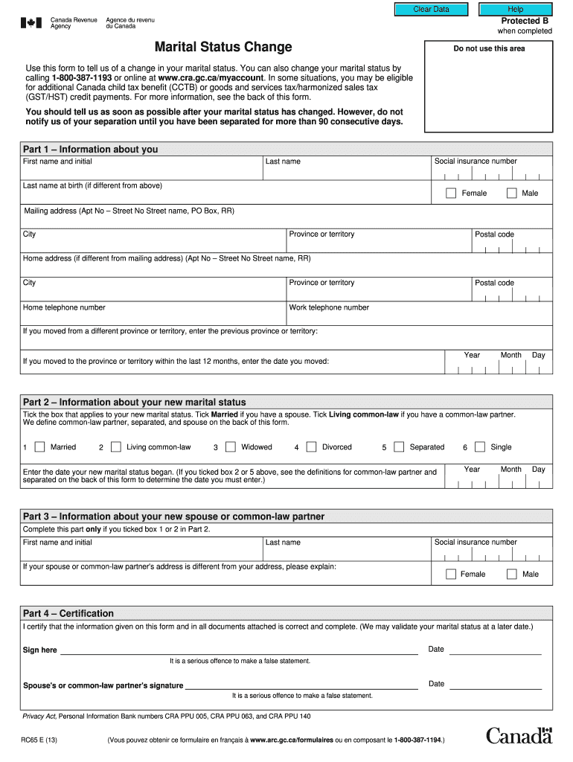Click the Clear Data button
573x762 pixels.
pos(432,9)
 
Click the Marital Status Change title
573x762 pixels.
pos(223,48)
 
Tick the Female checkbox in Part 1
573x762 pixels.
pos(451,193)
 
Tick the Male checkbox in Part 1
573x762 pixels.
pos(512,193)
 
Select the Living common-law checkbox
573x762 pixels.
pos(115,447)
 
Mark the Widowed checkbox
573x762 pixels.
pos(230,447)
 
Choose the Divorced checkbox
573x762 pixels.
pos(311,447)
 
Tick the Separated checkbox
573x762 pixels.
pos(399,447)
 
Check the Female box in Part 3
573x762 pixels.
pos(451,574)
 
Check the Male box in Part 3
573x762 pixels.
pos(512,574)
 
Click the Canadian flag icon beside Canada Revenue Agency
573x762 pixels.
pos(31,23)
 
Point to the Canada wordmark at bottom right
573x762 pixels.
pos(519,736)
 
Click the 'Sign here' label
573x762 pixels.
pos(40,650)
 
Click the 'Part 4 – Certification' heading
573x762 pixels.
pos(68,614)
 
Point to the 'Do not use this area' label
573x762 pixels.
pos(489,49)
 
